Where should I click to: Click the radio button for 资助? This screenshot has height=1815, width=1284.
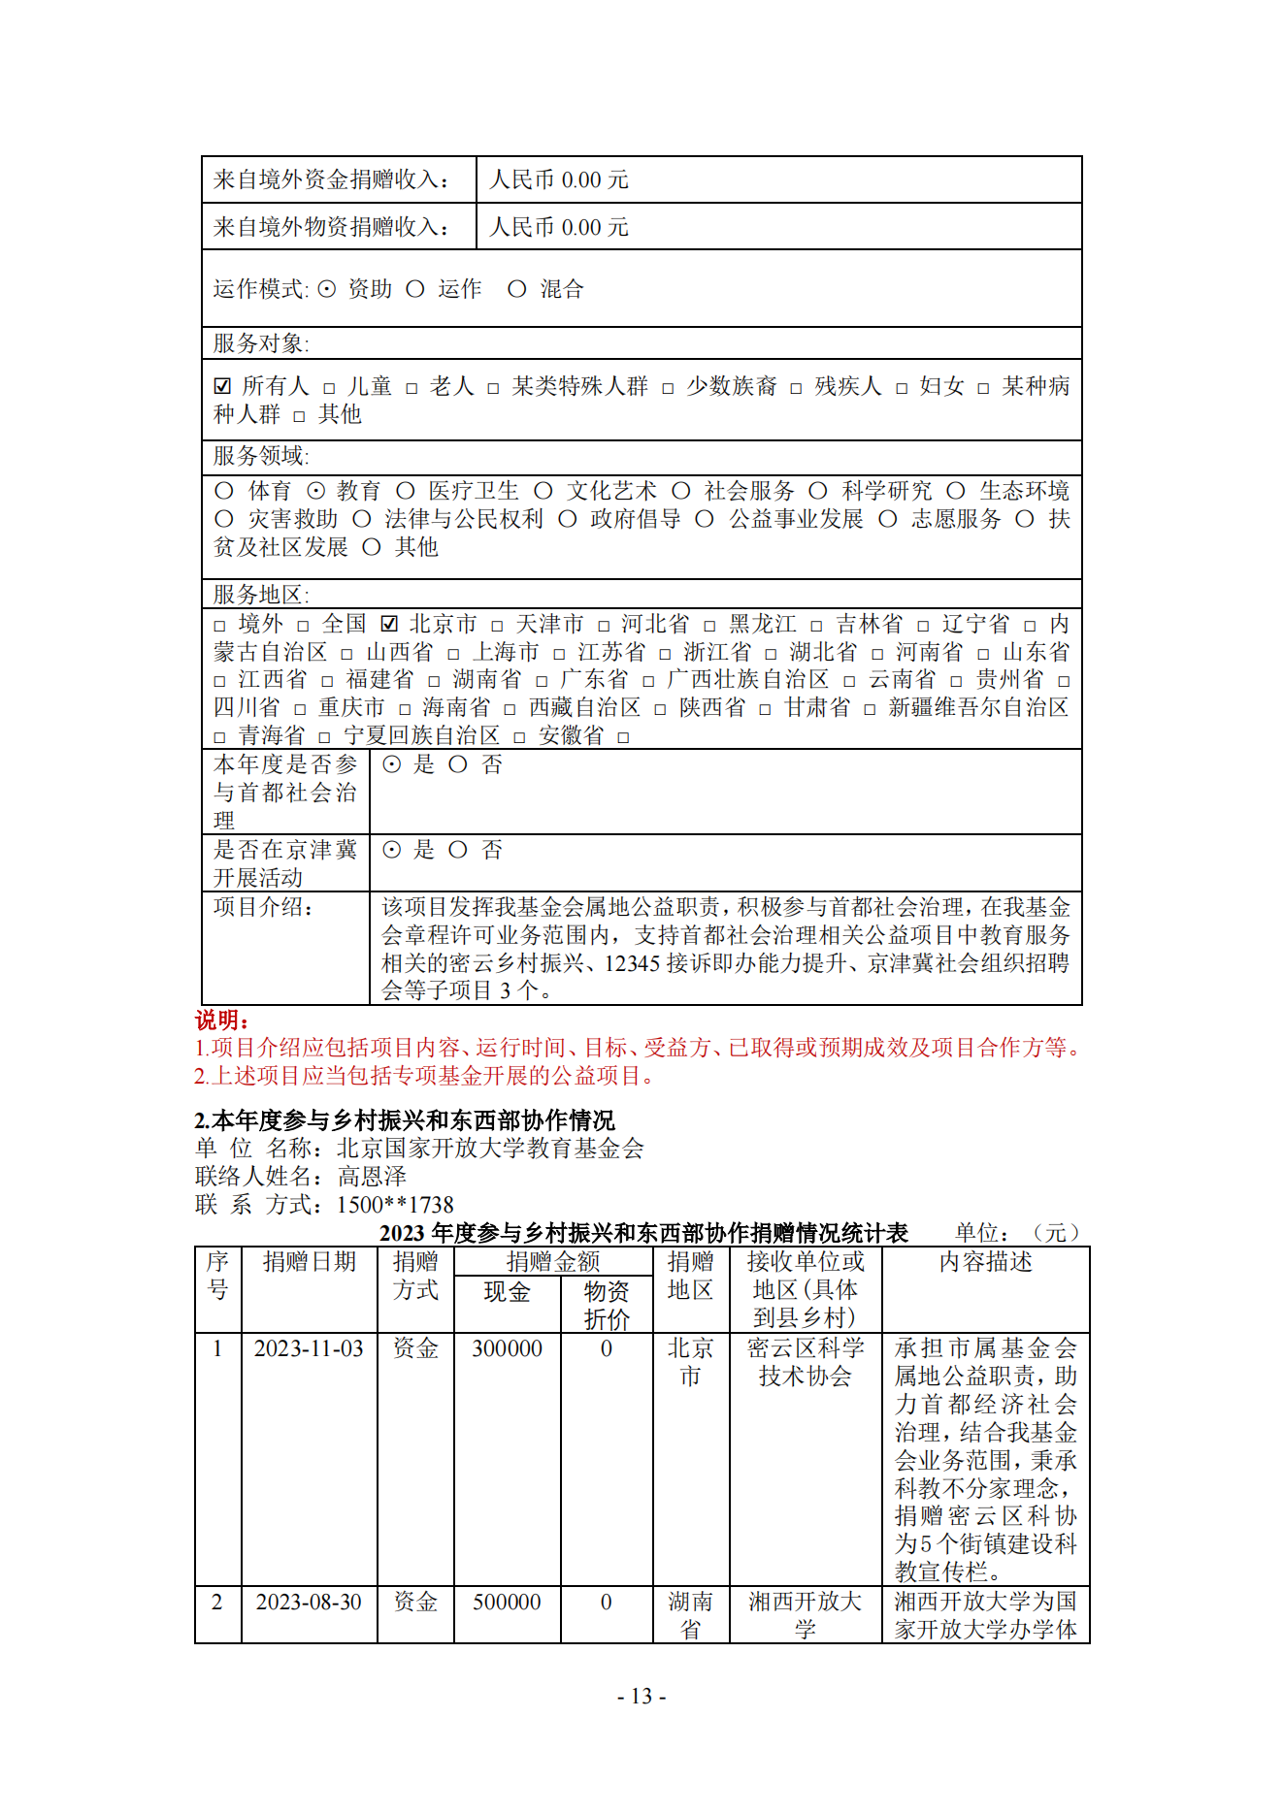pyautogui.click(x=327, y=289)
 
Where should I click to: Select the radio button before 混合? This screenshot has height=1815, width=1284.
pyautogui.click(x=517, y=289)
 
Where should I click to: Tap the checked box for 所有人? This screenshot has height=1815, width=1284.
pyautogui.click(x=222, y=386)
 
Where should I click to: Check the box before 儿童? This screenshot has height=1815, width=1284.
pyautogui.click(x=329, y=388)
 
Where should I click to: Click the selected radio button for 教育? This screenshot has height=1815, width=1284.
pyautogui.click(x=316, y=491)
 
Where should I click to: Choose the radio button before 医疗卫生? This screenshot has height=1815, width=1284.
pyautogui.click(x=406, y=491)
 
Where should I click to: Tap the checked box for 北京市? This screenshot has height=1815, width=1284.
pyautogui.click(x=389, y=624)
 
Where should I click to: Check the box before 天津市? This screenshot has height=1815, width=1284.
pyautogui.click(x=497, y=626)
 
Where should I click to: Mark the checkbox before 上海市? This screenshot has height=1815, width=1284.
pyautogui.click(x=453, y=654)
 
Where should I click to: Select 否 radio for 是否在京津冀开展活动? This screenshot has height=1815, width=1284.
pyautogui.click(x=458, y=850)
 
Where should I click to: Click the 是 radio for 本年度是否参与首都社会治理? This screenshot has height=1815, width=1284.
pyautogui.click(x=391, y=764)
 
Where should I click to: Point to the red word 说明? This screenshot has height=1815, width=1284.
pyautogui.click(x=221, y=1020)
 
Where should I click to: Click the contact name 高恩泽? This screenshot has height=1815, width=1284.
pyautogui.click(x=372, y=1177)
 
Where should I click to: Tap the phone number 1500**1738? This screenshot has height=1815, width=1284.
pyautogui.click(x=395, y=1205)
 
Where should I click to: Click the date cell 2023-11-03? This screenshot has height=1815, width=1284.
pyautogui.click(x=309, y=1348)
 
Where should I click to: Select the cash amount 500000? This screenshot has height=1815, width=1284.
pyautogui.click(x=507, y=1602)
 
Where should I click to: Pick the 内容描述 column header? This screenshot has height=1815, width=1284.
pyautogui.click(x=985, y=1261)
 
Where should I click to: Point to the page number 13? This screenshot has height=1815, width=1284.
pyautogui.click(x=642, y=1696)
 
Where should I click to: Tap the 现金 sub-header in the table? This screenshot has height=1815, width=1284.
pyautogui.click(x=507, y=1291)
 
